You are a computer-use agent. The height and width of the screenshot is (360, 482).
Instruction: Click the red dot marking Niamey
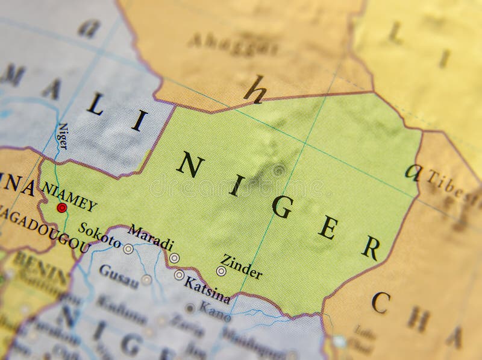pos(61,208)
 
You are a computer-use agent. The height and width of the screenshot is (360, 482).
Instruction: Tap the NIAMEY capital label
pos(69,197)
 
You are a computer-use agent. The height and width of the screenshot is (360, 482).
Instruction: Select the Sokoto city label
pos(100,236)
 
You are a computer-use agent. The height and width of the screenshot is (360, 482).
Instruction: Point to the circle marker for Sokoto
pos(128,248)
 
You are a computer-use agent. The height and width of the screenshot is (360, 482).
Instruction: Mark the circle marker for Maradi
pos(174,258)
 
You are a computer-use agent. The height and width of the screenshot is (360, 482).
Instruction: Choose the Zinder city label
pos(241,267)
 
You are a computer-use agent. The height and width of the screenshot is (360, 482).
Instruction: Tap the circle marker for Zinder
pos(221,271)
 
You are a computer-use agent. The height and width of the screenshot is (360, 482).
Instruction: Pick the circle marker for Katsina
pos(179,275)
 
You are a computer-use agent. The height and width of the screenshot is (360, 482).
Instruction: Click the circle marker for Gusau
pos(146,280)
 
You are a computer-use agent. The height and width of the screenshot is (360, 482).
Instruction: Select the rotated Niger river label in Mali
pos(63,136)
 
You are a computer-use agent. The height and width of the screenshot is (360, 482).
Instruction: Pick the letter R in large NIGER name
pos(371,247)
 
